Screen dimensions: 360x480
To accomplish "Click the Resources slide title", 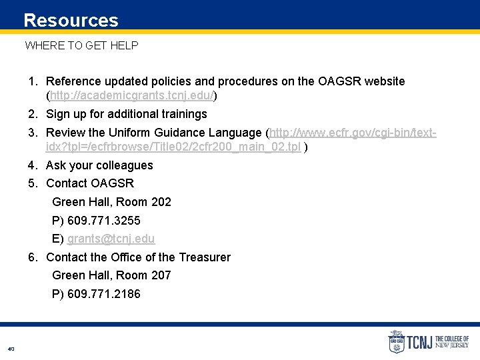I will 71,21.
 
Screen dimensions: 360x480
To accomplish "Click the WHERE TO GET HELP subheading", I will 81,45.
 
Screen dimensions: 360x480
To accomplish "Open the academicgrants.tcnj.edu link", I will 131,96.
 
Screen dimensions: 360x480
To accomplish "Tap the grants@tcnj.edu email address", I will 111,239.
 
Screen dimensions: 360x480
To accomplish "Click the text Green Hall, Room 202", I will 111,202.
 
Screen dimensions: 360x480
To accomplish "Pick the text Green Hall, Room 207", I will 111,275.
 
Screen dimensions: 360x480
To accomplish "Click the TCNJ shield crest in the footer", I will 396,342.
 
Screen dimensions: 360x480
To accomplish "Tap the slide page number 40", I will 11,349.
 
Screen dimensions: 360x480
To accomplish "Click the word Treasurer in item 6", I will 205,257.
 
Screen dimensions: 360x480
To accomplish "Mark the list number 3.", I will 32,133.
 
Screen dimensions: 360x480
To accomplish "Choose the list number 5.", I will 32,183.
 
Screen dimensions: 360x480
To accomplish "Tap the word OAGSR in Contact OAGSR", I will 112,183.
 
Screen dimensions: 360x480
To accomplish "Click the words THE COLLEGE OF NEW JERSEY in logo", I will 451,342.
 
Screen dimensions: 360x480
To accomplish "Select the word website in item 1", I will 381,81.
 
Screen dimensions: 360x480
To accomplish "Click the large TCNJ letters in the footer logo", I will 420,342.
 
